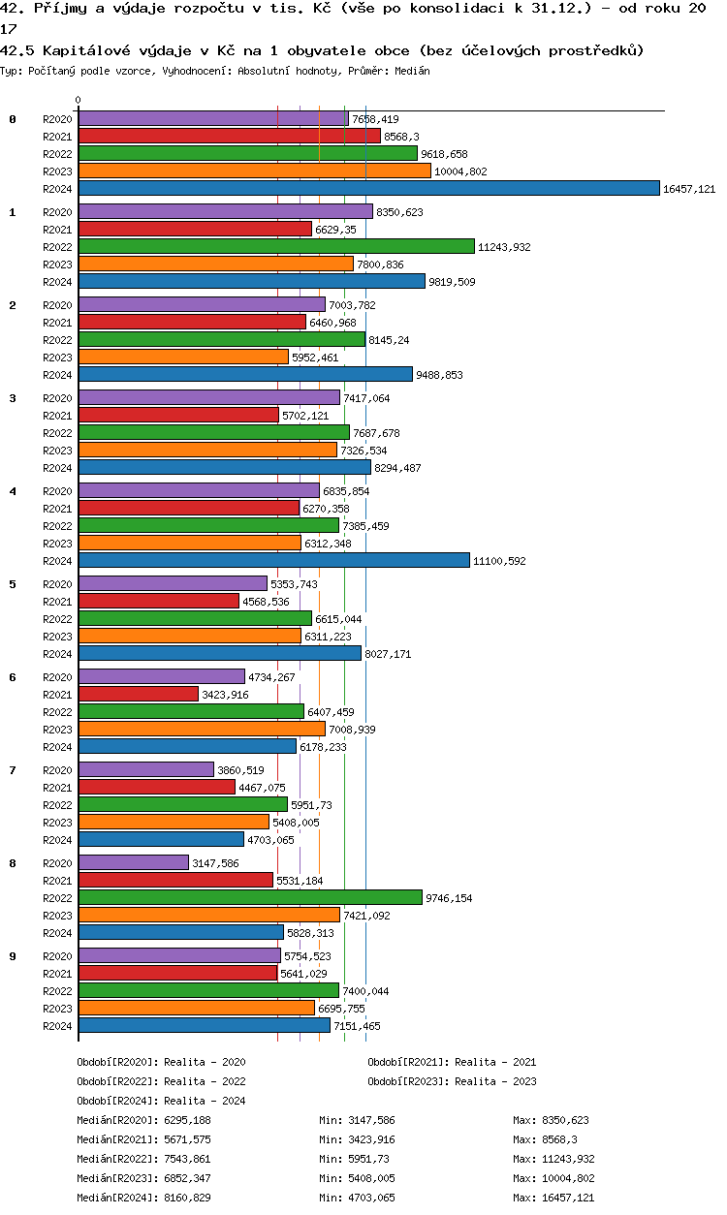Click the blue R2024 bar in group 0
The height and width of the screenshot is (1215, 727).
[368, 189]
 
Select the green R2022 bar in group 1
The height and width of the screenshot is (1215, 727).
[276, 247]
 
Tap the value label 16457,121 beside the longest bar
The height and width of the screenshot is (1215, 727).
[688, 189]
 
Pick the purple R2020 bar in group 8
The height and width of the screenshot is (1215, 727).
[134, 862]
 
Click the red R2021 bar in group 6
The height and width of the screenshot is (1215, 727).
[138, 694]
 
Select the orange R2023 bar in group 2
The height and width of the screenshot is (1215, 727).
[183, 358]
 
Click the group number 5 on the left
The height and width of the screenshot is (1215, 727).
[13, 584]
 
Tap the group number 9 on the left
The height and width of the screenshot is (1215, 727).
[13, 956]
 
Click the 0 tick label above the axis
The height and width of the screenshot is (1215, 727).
[79, 101]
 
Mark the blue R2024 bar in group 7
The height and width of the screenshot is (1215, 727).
[161, 839]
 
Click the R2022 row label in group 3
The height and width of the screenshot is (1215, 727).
[58, 433]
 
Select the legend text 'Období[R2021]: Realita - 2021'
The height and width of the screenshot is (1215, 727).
[452, 1062]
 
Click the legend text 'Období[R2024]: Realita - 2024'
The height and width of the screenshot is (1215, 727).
[161, 1101]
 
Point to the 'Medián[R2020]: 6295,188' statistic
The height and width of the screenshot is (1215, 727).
[143, 1120]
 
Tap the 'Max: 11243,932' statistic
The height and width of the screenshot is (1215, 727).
[553, 1159]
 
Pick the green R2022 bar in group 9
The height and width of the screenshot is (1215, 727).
[208, 990]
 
